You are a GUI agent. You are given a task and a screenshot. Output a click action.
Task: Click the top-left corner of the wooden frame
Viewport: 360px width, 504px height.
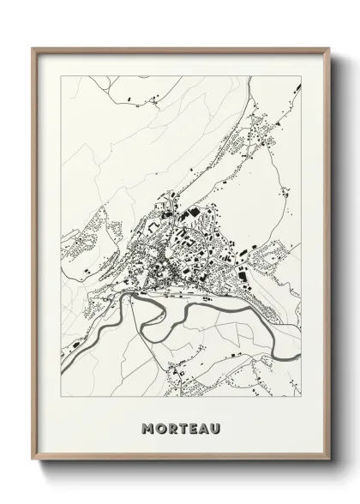click(x=33, y=48)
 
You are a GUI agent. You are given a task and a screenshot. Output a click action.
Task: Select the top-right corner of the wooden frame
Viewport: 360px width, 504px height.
click(x=329, y=48)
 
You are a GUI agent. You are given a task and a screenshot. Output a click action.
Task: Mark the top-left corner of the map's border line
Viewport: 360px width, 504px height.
click(x=61, y=76)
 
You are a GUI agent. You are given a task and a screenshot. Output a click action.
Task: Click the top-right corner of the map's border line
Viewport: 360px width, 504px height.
click(x=301, y=76)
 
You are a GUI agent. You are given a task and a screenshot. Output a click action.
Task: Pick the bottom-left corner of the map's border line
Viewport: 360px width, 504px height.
click(x=61, y=398)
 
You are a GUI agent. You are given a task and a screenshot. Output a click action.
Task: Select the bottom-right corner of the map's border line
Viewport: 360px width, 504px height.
click(x=301, y=398)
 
